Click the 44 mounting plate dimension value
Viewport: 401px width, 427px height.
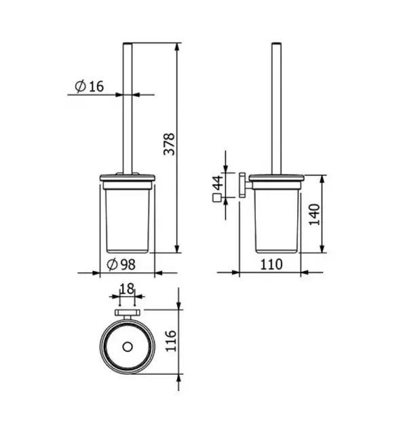tap(217, 184)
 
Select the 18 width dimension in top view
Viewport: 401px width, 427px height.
tap(126, 289)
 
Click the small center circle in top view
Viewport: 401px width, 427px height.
tap(126, 347)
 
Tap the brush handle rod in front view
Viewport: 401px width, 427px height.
tap(126, 108)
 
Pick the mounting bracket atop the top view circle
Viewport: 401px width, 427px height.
tap(126, 313)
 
